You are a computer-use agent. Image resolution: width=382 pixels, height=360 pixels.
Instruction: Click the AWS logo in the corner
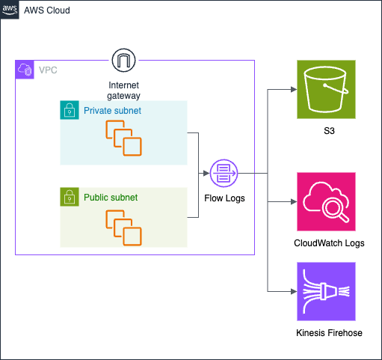(x=10, y=10)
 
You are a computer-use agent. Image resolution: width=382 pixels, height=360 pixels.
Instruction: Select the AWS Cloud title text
(x=47, y=10)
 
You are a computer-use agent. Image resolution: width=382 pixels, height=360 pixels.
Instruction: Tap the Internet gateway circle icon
(x=123, y=60)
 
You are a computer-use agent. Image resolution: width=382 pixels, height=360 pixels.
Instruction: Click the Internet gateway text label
(x=123, y=91)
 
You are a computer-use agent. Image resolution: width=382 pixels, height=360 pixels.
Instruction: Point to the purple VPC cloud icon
(x=25, y=70)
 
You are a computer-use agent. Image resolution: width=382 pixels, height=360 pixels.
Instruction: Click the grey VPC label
(x=48, y=70)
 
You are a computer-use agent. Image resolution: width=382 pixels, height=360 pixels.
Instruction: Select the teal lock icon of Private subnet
(x=70, y=110)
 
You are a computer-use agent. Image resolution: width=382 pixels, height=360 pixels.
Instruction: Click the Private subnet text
(x=112, y=111)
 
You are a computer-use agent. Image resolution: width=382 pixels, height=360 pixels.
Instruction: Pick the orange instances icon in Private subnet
(x=123, y=138)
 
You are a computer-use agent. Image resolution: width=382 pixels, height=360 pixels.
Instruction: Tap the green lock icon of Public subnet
(x=70, y=197)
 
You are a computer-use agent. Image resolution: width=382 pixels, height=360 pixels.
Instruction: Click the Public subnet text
(x=111, y=198)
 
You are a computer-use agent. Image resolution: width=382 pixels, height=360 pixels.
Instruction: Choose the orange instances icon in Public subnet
(x=123, y=228)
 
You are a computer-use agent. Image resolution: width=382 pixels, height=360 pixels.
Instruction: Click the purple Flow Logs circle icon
(x=224, y=173)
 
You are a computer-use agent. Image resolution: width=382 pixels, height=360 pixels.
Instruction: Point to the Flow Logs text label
(x=224, y=198)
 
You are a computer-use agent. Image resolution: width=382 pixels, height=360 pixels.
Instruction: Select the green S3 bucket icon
(x=326, y=89)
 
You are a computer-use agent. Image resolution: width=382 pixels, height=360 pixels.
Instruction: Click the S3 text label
(x=329, y=131)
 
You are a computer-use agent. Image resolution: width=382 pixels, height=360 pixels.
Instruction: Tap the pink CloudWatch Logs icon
(x=326, y=201)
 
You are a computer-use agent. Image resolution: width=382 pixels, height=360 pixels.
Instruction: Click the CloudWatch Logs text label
(x=329, y=243)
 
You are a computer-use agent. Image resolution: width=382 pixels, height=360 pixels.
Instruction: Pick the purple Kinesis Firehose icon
(x=326, y=291)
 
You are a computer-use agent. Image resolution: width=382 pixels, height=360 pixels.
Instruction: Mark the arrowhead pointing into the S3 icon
(x=294, y=89)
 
